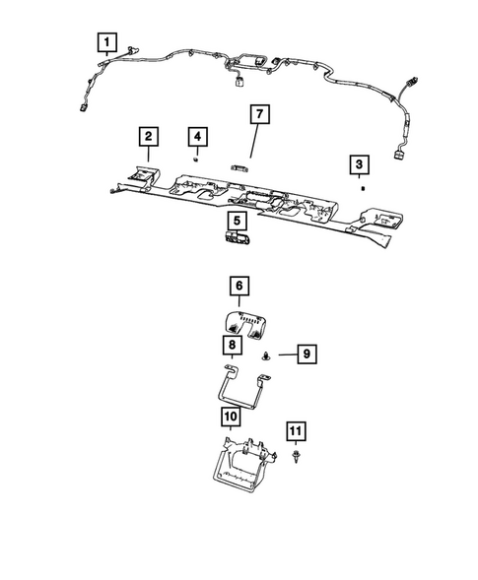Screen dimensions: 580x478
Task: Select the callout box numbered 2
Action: pyautogui.click(x=147, y=135)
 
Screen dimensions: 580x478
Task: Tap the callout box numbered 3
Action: pyautogui.click(x=362, y=163)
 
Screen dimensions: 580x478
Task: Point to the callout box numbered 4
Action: pyautogui.click(x=198, y=135)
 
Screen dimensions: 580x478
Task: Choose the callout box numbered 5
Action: pyautogui.click(x=238, y=221)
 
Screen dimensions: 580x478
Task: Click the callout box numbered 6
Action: pyautogui.click(x=239, y=288)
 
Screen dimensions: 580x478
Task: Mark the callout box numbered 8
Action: pyautogui.click(x=231, y=345)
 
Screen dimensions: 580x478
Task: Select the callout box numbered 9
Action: pyautogui.click(x=306, y=352)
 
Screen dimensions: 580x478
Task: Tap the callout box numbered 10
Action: pyautogui.click(x=230, y=418)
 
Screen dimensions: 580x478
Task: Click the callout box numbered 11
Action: pyautogui.click(x=296, y=429)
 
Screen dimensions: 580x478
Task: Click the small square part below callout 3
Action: pyautogui.click(x=363, y=185)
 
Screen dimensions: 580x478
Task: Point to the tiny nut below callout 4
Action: pyautogui.click(x=197, y=156)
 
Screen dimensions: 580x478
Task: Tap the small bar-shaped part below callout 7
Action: pyautogui.click(x=241, y=167)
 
